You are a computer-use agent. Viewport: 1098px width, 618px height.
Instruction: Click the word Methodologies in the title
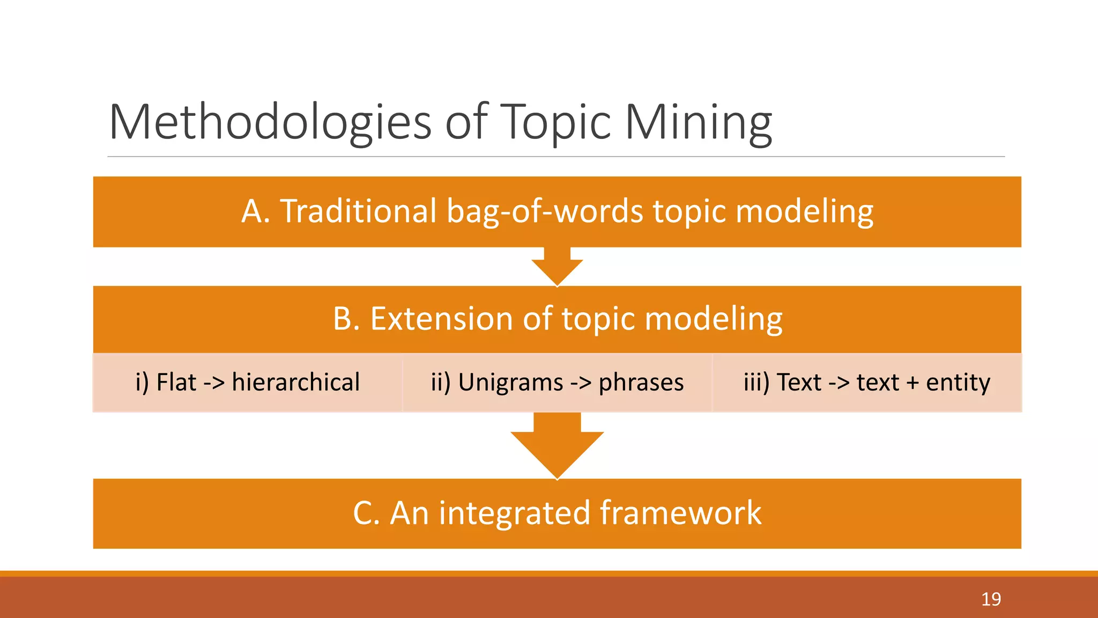coord(270,122)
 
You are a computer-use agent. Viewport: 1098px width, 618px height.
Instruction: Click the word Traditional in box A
coord(358,211)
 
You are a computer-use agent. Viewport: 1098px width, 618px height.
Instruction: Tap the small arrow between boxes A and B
coord(557,267)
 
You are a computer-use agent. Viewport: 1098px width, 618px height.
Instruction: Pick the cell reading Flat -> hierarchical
coord(248,382)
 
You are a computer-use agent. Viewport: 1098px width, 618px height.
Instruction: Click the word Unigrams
coord(510,382)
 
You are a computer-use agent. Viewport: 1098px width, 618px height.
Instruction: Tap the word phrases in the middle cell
coord(641,382)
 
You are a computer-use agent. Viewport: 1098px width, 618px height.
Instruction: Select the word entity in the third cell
coord(958,382)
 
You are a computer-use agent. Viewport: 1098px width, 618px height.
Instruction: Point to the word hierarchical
coord(295,382)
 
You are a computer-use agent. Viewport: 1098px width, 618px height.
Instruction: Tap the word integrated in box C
coord(514,513)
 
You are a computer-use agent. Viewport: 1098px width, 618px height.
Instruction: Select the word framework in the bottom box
coord(680,513)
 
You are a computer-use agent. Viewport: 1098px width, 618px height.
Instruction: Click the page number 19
coord(991,599)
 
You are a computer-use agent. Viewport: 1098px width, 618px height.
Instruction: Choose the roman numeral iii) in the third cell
coord(756,382)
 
